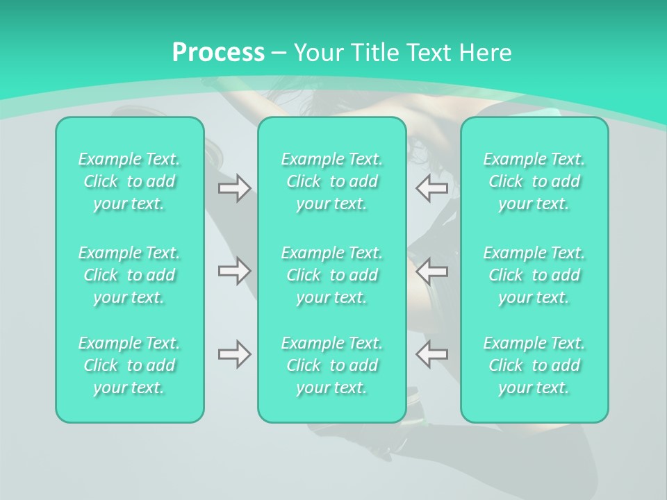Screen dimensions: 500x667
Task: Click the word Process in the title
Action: (x=218, y=53)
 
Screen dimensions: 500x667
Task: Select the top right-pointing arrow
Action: (x=234, y=188)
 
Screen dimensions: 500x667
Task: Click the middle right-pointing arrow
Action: (x=234, y=271)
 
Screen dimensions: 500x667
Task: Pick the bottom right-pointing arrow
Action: (x=234, y=354)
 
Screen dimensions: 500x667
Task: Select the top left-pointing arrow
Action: (x=431, y=188)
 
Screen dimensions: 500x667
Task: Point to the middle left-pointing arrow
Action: (x=431, y=271)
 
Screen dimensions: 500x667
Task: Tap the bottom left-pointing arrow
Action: (x=431, y=354)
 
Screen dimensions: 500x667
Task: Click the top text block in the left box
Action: (x=129, y=181)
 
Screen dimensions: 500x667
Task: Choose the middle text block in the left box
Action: (x=129, y=275)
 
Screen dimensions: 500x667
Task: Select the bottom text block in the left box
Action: (x=129, y=365)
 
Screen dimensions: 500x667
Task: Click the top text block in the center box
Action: (x=332, y=181)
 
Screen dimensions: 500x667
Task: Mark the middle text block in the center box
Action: (x=332, y=275)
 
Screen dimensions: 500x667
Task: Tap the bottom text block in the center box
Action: (x=332, y=365)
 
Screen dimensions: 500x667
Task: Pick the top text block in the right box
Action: (x=534, y=181)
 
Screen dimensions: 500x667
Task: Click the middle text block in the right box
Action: (x=534, y=275)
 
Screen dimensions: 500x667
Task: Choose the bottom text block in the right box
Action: (x=534, y=365)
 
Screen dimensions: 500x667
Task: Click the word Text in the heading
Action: (x=428, y=53)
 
